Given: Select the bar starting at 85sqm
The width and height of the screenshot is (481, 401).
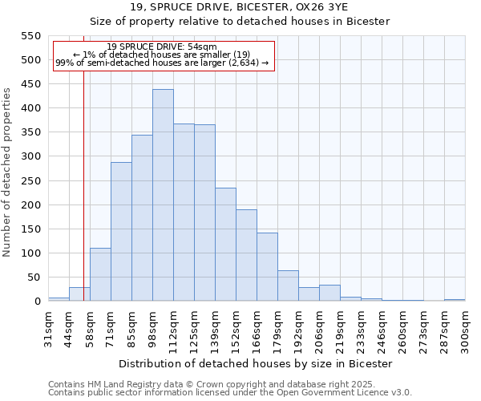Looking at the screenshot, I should pyautogui.click(x=142, y=218).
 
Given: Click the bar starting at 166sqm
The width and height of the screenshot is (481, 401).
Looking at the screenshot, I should pyautogui.click(x=267, y=267).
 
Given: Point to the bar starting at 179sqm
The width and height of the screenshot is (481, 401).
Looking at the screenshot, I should pyautogui.click(x=288, y=286).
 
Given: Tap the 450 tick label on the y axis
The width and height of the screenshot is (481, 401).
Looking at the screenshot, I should pyautogui.click(x=30, y=84).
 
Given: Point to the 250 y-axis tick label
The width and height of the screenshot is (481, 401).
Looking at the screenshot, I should pyautogui.click(x=30, y=181).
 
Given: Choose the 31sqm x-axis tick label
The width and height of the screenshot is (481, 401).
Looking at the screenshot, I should pyautogui.click(x=49, y=327).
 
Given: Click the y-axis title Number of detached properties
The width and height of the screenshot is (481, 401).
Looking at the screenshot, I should pyautogui.click(x=8, y=172).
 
